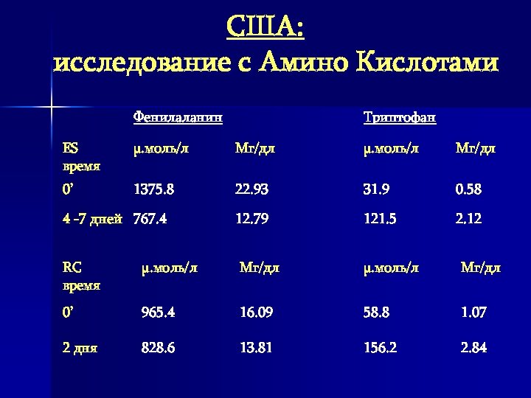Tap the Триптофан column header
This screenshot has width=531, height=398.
click(400, 118)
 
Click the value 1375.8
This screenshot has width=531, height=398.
click(153, 189)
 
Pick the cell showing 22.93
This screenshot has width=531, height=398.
click(251, 189)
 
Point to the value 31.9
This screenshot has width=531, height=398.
click(375, 189)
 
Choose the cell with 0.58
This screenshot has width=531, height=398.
click(468, 189)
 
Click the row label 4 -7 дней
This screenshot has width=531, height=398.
click(92, 219)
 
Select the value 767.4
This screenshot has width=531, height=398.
click(150, 219)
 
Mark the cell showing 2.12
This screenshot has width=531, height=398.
click(468, 219)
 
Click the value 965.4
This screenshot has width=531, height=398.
click(158, 313)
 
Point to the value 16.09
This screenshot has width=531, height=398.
click(256, 313)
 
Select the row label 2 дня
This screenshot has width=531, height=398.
click(80, 348)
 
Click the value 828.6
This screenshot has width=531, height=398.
click(158, 348)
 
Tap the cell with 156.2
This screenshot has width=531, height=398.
click(381, 348)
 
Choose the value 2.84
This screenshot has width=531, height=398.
click(473, 348)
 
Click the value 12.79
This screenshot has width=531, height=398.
click(251, 219)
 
